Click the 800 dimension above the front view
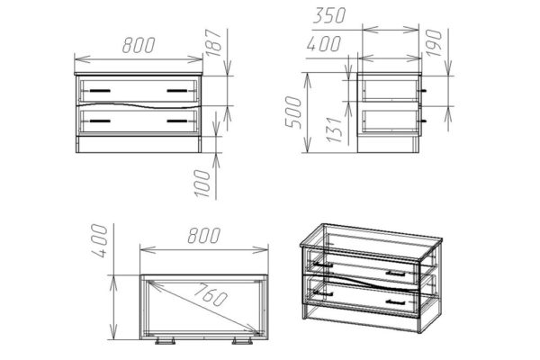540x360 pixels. click(x=139, y=45)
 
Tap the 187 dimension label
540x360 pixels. click(x=213, y=42)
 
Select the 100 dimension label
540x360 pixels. click(x=202, y=184)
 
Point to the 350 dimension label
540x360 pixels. click(x=328, y=15)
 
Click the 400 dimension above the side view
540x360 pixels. click(x=324, y=44)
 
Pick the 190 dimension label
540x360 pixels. click(x=434, y=43)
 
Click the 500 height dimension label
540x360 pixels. click(x=293, y=112)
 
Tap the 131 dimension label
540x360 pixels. click(x=335, y=130)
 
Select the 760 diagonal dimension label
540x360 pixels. click(x=211, y=294)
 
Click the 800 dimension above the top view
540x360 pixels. click(x=204, y=236)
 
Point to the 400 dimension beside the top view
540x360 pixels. click(x=100, y=240)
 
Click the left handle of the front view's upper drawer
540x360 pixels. click(x=100, y=91)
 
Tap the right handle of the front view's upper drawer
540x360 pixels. click(x=177, y=91)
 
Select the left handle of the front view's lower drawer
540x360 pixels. click(x=100, y=121)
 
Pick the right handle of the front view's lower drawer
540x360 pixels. click(x=177, y=121)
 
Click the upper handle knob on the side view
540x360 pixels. click(x=423, y=91)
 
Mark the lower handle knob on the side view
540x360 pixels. click(x=423, y=121)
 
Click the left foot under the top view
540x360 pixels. click(x=165, y=341)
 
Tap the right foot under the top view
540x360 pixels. click(x=242, y=341)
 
